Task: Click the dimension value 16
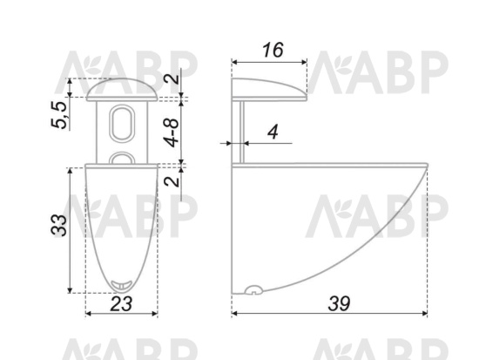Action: click(x=273, y=51)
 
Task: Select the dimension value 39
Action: click(x=339, y=303)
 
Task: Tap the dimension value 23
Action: click(x=121, y=303)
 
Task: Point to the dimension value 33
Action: click(x=58, y=226)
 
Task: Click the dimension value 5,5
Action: click(x=58, y=114)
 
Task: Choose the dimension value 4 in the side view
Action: click(x=273, y=132)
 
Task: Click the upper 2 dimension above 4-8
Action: click(x=172, y=77)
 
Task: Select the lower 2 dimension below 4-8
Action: click(x=172, y=180)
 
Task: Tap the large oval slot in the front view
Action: click(x=122, y=123)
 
